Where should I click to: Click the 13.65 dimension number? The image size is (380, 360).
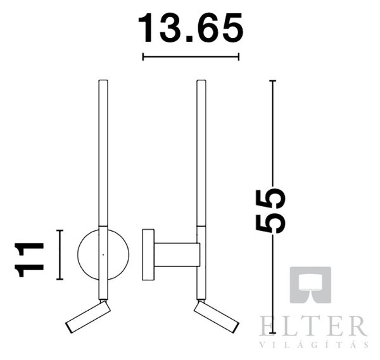click(x=191, y=28)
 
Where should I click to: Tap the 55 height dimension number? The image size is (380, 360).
click(x=270, y=211)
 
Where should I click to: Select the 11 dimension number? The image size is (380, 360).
click(x=29, y=259)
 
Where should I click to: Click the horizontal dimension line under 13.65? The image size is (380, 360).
click(x=191, y=57)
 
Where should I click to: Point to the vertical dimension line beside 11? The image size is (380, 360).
click(x=60, y=255)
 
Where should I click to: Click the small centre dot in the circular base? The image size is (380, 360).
click(x=103, y=255)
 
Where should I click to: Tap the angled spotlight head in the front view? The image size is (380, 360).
click(x=88, y=317)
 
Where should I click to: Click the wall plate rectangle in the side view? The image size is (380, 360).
click(x=148, y=255)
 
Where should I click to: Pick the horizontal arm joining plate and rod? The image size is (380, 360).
click(x=177, y=255)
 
